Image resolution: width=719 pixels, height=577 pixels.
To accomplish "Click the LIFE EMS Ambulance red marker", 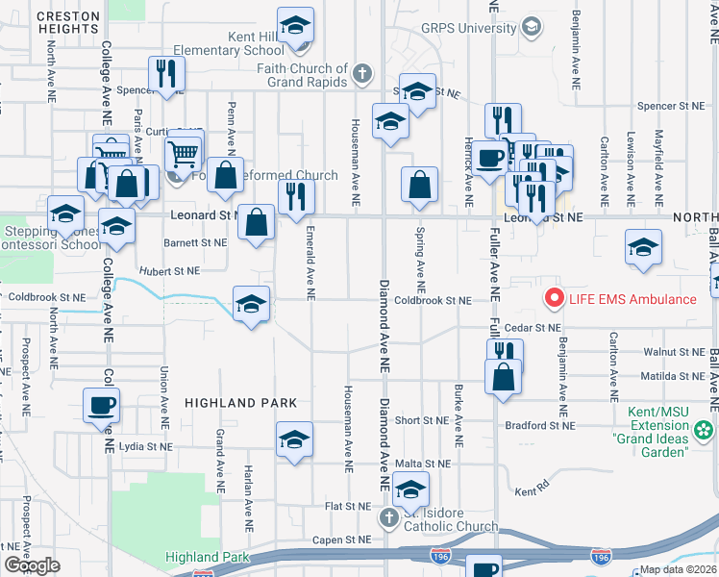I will point(554,298).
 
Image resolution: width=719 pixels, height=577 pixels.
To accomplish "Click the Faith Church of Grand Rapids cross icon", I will point(362,73).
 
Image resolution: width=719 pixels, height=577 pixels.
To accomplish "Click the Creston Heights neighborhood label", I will point(69,23).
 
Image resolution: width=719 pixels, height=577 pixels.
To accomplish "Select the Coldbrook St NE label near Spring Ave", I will point(433,301).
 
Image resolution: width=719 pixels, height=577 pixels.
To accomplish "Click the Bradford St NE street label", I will point(541,425).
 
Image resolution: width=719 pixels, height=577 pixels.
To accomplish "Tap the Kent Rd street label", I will point(530,491).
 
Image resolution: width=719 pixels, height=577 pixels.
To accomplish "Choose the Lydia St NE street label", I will point(146,447).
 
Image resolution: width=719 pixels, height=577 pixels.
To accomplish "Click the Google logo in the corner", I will point(32,564).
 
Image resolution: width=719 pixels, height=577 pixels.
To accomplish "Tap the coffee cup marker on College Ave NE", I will point(101,406).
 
